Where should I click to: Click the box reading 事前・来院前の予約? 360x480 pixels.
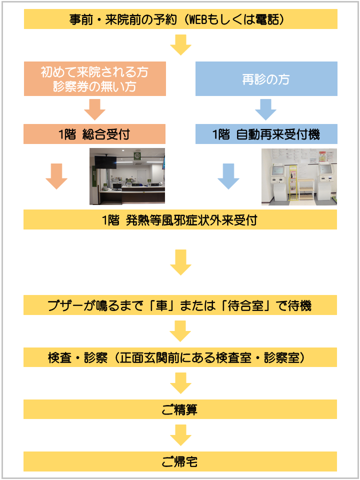[180, 19]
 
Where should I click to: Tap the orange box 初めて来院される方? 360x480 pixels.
[95, 78]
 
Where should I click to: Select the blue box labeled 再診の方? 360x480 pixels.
[266, 78]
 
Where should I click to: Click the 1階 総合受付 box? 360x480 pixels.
[94, 134]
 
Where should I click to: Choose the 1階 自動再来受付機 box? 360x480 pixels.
[266, 134]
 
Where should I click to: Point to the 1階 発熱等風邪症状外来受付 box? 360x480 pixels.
[180, 219]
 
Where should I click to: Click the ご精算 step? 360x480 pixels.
[180, 409]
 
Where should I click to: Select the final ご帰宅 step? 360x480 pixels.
[180, 461]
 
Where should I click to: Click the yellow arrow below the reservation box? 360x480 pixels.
[180, 44]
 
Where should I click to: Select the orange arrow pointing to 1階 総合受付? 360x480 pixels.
[94, 109]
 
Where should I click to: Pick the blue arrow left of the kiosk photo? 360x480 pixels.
[228, 176]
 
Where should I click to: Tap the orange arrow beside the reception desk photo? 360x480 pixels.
[56, 176]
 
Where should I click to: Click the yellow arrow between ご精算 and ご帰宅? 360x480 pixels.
[180, 435]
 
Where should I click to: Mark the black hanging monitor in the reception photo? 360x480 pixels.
[105, 162]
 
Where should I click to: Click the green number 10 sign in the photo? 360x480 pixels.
[137, 156]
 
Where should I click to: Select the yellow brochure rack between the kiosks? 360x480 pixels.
[293, 183]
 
